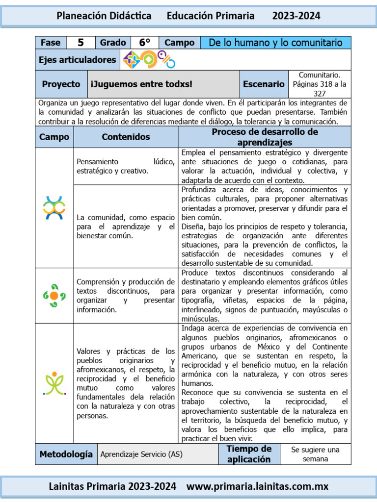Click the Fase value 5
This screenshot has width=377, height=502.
(81, 43)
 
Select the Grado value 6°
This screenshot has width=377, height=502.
(144, 43)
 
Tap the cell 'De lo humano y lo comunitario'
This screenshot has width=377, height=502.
(275, 43)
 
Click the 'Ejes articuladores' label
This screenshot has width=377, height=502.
(78, 60)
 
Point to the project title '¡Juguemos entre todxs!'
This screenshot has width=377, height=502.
(141, 84)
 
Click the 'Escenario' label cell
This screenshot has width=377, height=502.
(264, 84)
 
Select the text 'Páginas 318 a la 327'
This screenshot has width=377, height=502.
(320, 89)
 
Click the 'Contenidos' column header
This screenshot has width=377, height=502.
(126, 137)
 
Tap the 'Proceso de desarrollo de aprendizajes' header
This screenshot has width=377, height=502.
(265, 137)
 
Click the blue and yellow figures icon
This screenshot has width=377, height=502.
(54, 207)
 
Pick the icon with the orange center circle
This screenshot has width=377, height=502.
(54, 295)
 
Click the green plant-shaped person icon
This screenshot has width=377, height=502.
(54, 383)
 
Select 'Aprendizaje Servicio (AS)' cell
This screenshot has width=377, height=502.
(141, 454)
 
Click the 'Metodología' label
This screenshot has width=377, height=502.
(66, 454)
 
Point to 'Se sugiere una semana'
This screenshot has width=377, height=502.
(315, 454)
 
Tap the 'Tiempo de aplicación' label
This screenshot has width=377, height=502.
(249, 454)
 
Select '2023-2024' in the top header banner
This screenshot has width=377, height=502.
(296, 16)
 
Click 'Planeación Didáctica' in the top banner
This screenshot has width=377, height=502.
(104, 16)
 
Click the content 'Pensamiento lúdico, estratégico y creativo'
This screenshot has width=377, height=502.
(126, 166)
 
